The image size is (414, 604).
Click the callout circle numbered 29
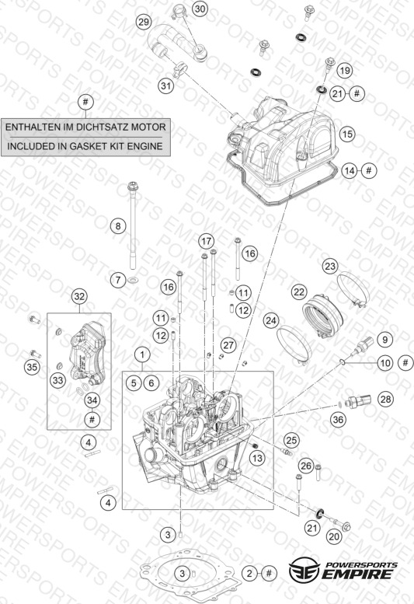click(144, 22)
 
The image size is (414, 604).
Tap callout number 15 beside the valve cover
click(347, 134)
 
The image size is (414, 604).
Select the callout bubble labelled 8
click(118, 225)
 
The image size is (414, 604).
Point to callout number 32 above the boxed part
click(79, 296)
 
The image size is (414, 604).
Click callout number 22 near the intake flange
click(299, 292)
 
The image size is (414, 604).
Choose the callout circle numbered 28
click(385, 399)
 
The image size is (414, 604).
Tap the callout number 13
click(257, 458)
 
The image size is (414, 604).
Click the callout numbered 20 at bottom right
click(334, 536)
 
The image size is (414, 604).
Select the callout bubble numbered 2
click(249, 573)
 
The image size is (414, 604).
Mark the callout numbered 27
click(228, 345)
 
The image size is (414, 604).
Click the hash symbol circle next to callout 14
click(369, 170)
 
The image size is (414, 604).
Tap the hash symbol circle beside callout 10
click(406, 362)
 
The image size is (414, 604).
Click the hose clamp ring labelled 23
click(353, 290)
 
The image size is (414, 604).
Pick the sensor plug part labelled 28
click(358, 401)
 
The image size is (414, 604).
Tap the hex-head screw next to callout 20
click(339, 524)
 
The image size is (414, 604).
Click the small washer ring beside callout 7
click(133, 280)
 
